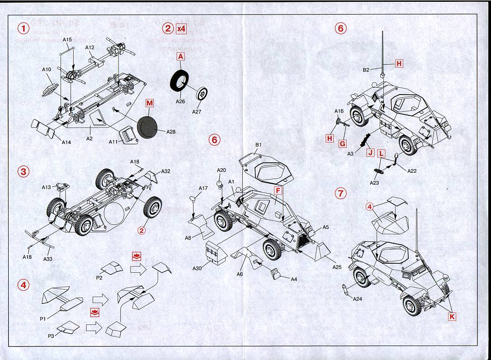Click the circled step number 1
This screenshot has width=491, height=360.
tap(23, 28)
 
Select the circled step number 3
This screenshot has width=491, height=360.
tap(23, 171)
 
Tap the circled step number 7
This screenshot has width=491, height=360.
tap(340, 193)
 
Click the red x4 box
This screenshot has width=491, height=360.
tap(181, 28)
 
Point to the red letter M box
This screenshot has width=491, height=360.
tap(150, 103)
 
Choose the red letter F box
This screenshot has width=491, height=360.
tap(277, 191)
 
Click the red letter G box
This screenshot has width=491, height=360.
tap(343, 143)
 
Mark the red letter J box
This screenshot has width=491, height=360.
tap(370, 153)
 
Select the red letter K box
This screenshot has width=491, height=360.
tap(452, 317)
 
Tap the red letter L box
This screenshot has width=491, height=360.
tap(382, 153)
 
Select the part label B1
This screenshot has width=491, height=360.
tap(259, 145)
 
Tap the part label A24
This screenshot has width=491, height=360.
tap(357, 298)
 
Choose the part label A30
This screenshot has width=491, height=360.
tap(197, 268)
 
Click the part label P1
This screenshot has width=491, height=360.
tap(43, 319)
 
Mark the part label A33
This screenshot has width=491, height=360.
tap(47, 259)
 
